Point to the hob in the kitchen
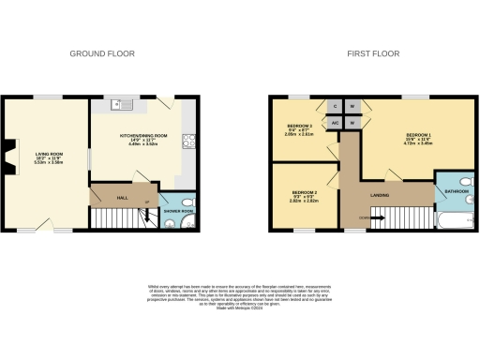click(188, 142)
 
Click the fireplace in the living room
click(11, 155)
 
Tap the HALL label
click(122, 197)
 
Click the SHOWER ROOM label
click(178, 211)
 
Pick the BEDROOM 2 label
click(303, 196)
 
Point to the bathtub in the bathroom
click(457, 221)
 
